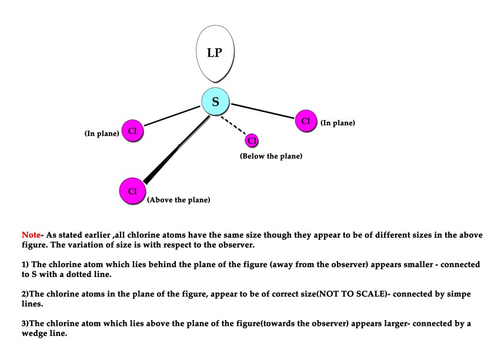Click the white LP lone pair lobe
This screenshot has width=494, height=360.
215,55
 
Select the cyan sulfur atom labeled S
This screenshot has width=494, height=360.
215,102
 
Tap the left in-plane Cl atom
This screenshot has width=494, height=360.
132,131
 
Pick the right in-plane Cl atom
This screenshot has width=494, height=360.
305,121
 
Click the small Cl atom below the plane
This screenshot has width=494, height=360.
252,141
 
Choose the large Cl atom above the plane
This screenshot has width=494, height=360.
132,191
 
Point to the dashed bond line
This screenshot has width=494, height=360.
233,125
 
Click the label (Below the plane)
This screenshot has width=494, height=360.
271,156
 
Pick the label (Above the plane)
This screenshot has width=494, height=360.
179,200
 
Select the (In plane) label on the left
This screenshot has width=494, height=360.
101,134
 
